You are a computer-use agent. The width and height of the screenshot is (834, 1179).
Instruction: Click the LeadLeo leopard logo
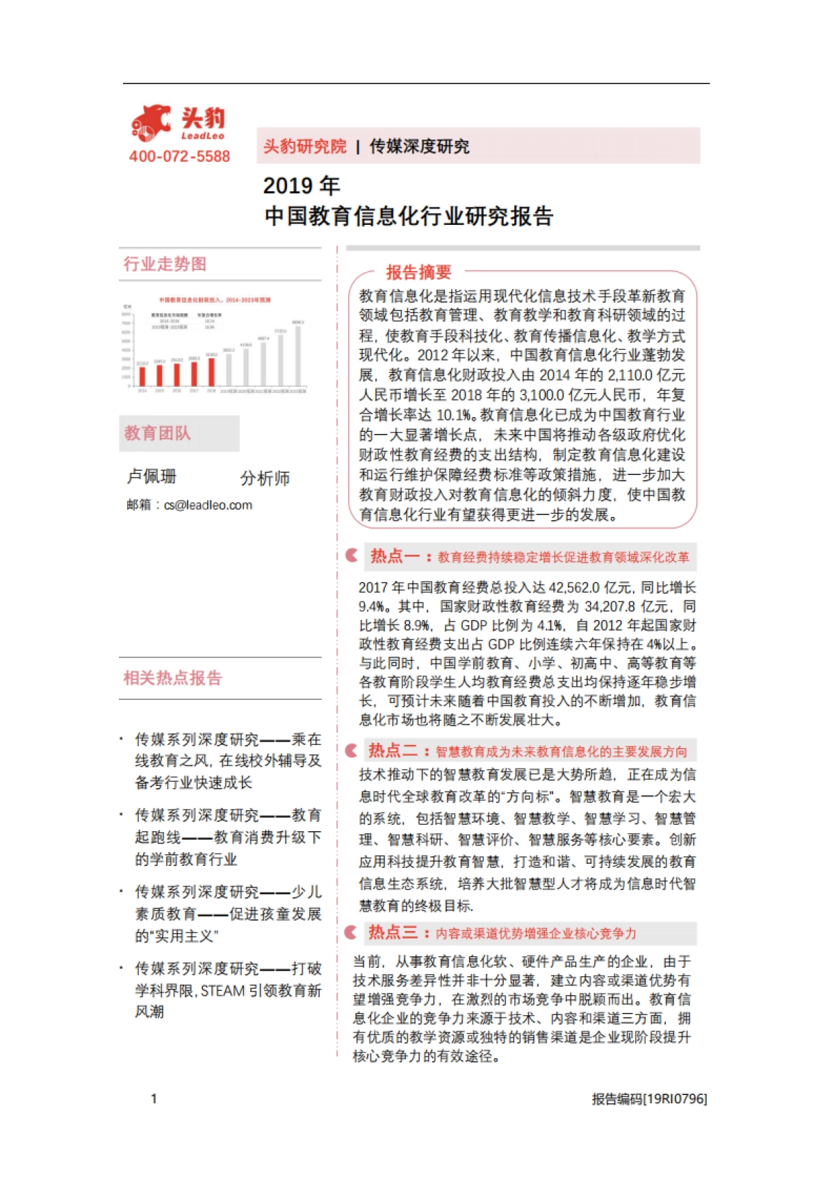152,124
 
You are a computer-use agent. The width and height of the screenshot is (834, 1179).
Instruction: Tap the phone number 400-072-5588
179,157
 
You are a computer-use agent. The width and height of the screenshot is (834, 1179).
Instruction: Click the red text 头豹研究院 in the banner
304,147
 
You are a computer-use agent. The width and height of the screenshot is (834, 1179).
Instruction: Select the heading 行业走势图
165,265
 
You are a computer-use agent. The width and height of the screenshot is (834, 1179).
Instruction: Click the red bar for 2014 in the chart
142,376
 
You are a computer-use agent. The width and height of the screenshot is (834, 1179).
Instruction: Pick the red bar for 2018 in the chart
211,371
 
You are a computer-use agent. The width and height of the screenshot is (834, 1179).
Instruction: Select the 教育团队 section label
157,433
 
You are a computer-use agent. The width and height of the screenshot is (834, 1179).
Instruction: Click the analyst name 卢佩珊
152,477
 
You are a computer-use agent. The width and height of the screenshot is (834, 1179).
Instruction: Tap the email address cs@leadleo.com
208,505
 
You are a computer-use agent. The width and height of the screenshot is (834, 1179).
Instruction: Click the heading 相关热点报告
172,678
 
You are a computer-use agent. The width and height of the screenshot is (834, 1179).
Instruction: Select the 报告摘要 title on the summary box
418,272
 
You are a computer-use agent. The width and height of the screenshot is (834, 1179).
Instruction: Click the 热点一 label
395,556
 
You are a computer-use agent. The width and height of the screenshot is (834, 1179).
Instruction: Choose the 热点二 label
393,751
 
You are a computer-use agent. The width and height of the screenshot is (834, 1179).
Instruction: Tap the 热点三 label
393,933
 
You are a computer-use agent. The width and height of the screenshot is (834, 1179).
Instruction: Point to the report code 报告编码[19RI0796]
649,1098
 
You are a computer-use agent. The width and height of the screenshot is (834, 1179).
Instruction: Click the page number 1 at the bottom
154,1098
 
